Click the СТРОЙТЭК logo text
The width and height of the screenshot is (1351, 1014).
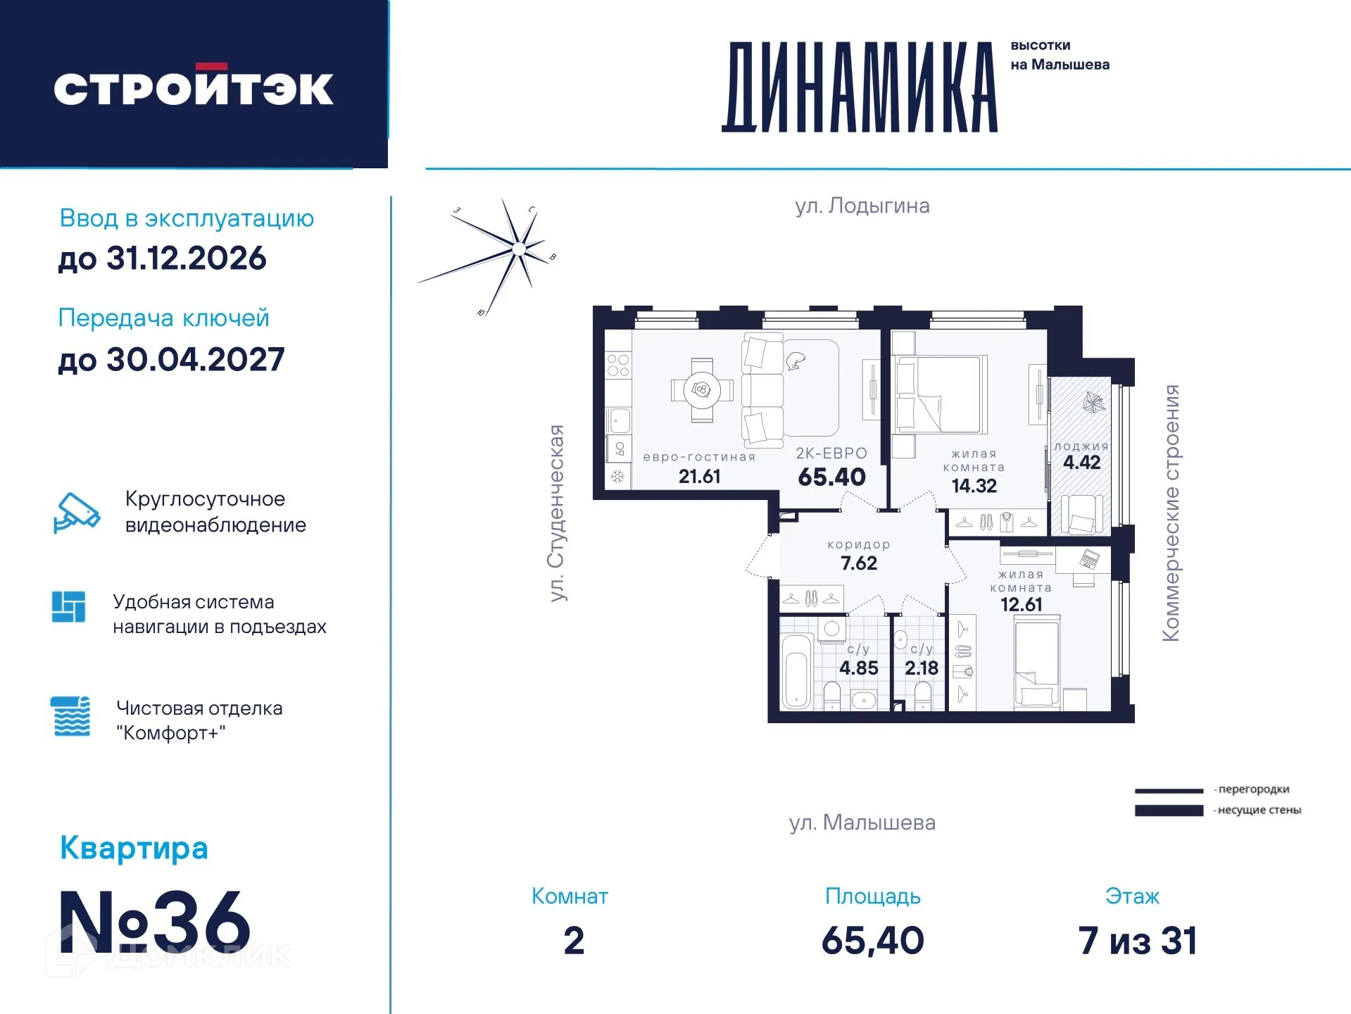[x=194, y=88]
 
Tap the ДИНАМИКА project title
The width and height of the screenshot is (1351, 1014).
[x=860, y=87]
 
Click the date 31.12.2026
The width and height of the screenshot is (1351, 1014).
[x=186, y=258]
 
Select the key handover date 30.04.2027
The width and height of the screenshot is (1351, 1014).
[x=195, y=360]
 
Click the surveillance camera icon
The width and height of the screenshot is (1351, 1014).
[x=76, y=512]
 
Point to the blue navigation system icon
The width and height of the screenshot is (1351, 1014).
[x=68, y=606]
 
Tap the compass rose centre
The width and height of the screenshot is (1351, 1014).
[x=519, y=248]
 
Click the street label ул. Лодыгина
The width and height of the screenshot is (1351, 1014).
[x=862, y=206]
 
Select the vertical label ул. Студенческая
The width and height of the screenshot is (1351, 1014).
[x=557, y=513]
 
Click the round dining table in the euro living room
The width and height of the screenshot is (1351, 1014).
[x=701, y=389]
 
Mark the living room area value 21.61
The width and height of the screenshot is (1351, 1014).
[x=699, y=477]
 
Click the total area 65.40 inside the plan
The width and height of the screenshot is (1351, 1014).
[x=831, y=477]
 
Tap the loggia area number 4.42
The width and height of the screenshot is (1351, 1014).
[x=1081, y=463]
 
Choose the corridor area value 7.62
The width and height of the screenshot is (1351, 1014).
[x=858, y=563]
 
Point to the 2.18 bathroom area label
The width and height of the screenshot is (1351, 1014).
[x=921, y=668]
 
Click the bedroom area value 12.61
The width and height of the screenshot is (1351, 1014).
[x=1021, y=605]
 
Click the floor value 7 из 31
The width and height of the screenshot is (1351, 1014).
[x=1137, y=941]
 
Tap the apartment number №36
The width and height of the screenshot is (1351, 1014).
[x=154, y=922]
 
